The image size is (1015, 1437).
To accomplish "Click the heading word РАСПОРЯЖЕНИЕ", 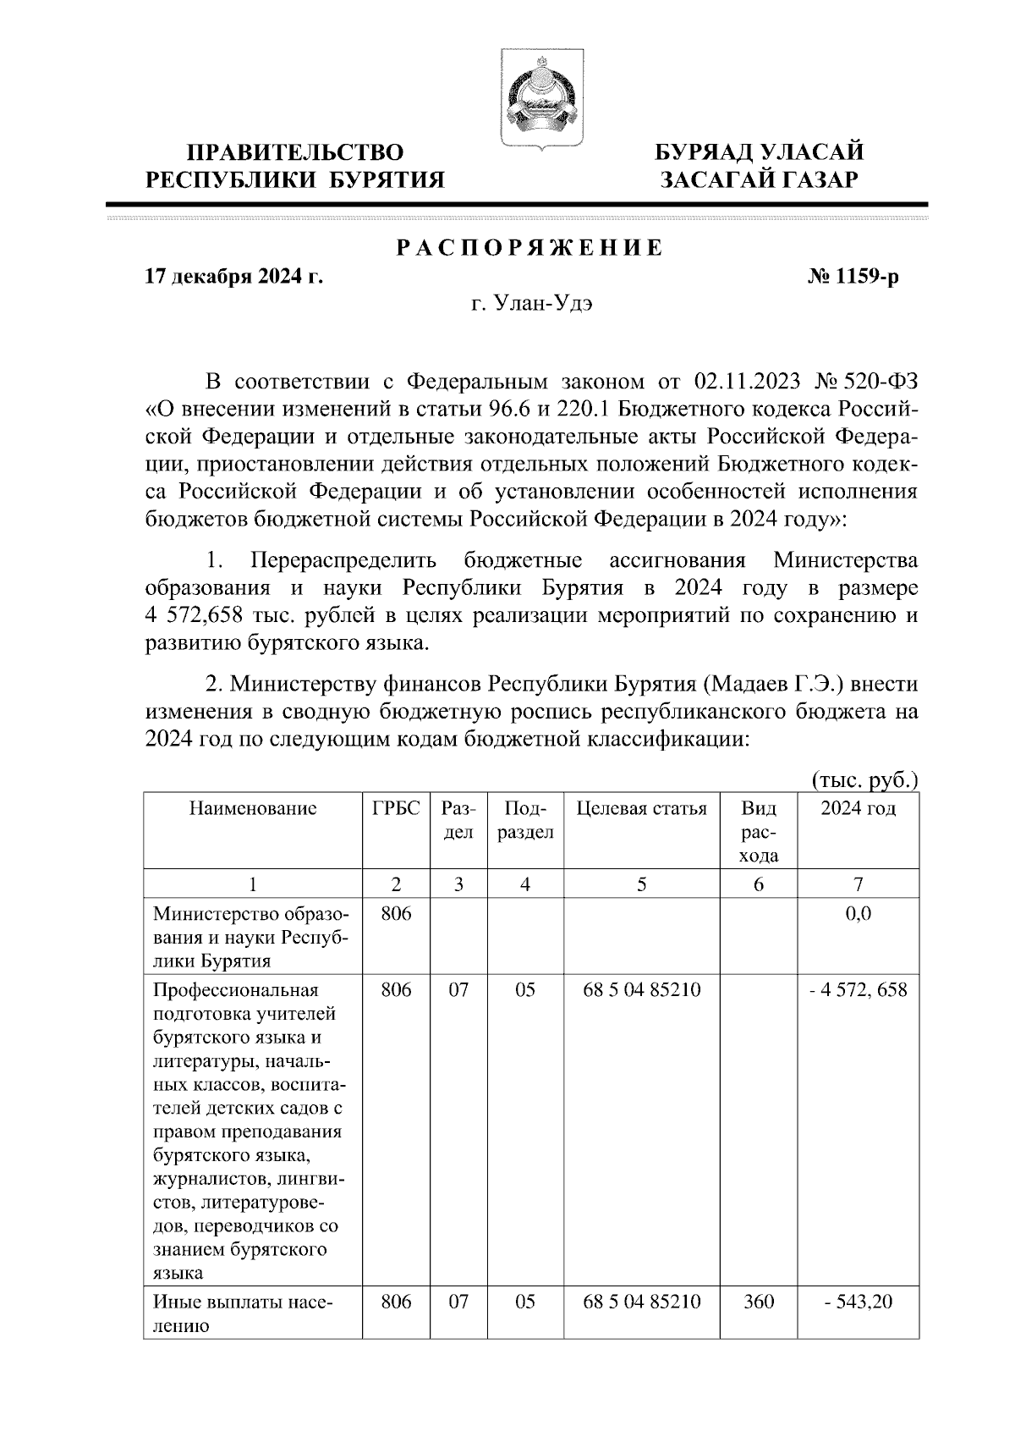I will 529,248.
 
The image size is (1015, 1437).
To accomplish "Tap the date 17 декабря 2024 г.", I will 234,277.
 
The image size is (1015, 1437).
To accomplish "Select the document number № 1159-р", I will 853,277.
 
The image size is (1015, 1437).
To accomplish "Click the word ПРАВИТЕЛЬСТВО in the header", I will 295,152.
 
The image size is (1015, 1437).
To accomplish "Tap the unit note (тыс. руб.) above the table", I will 864,779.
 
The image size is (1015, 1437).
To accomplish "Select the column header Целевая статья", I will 641,808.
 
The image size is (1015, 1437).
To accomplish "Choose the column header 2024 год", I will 858,808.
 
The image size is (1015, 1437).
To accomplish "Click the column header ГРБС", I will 396,808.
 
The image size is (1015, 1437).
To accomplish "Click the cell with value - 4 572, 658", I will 858,989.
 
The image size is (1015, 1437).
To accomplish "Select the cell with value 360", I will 758,1302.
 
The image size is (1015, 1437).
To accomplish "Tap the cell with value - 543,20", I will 858,1302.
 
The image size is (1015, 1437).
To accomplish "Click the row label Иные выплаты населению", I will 243,1313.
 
